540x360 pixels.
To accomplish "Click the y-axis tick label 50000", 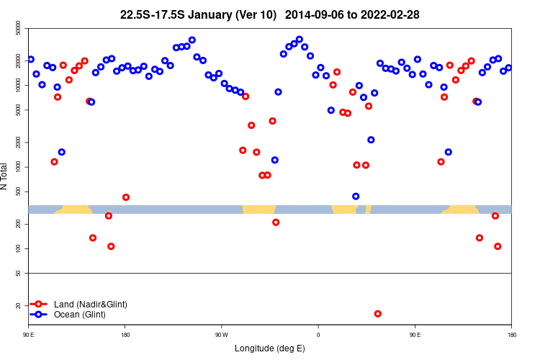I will coord(18,29).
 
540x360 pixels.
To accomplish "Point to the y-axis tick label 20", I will coord(18,306).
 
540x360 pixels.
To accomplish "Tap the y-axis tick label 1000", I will coord(18,167).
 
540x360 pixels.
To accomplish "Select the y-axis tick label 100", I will coord(18,248).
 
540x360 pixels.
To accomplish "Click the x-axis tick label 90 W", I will coord(222,335).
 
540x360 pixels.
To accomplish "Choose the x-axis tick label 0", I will coord(318,335).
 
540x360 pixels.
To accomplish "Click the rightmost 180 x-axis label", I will coord(511,335).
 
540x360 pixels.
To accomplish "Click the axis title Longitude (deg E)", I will coord(270,348).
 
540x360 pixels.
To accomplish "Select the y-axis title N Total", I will coord(5,177).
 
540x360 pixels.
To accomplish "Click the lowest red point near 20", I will coord(378,314).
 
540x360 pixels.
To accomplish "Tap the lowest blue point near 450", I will coord(356,197).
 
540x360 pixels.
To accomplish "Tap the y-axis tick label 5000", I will coord(18,110).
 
